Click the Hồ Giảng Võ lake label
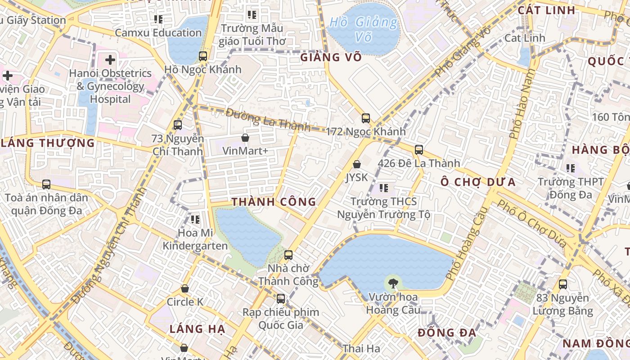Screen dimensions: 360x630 [364, 29]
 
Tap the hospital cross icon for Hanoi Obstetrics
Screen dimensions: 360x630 [110, 59]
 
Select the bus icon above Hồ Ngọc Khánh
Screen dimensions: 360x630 [203, 56]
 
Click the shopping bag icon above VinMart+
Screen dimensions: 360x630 [245, 138]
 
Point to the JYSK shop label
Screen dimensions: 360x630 [357, 177]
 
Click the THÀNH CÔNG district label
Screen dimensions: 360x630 [274, 202]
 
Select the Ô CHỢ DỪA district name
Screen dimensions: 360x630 [478, 182]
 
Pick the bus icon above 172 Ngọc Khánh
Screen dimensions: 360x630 [366, 118]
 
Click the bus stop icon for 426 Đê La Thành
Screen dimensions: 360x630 [419, 150]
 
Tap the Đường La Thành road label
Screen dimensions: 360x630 [268, 120]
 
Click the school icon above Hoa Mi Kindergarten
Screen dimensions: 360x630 [195, 220]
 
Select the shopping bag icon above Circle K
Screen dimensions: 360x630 [185, 288]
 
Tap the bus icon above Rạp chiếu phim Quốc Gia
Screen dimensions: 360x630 [281, 298]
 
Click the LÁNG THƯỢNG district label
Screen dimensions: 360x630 [48, 143]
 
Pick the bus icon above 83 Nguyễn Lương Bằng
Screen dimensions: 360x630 [563, 284]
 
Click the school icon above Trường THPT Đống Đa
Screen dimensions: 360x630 [571, 168]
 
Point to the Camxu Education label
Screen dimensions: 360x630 [158, 33]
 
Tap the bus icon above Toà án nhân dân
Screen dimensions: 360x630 [46, 184]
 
